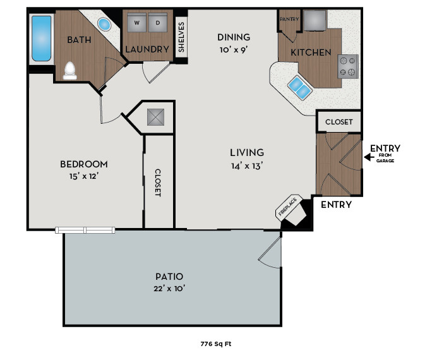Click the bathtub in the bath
pyautogui.click(x=41, y=39)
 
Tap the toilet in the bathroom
pyautogui.click(x=70, y=71)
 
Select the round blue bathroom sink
pyautogui.click(x=104, y=25)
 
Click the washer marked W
pyautogui.click(x=136, y=25)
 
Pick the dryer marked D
pyautogui.click(x=159, y=25)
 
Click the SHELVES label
pyautogui.click(x=181, y=39)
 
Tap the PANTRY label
pyautogui.click(x=289, y=19)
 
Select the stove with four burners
pyautogui.click(x=347, y=66)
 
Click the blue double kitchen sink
pyautogui.click(x=299, y=88)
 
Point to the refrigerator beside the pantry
pyautogui.click(x=314, y=21)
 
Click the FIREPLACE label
pyautogui.click(x=287, y=207)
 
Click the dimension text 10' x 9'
pyautogui.click(x=234, y=50)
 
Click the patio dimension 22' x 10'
pyautogui.click(x=169, y=289)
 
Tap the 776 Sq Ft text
pyautogui.click(x=216, y=344)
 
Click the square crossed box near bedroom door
pyautogui.click(x=155, y=117)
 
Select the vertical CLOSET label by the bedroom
pyautogui.click(x=159, y=183)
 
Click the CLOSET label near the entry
pyautogui.click(x=339, y=122)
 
